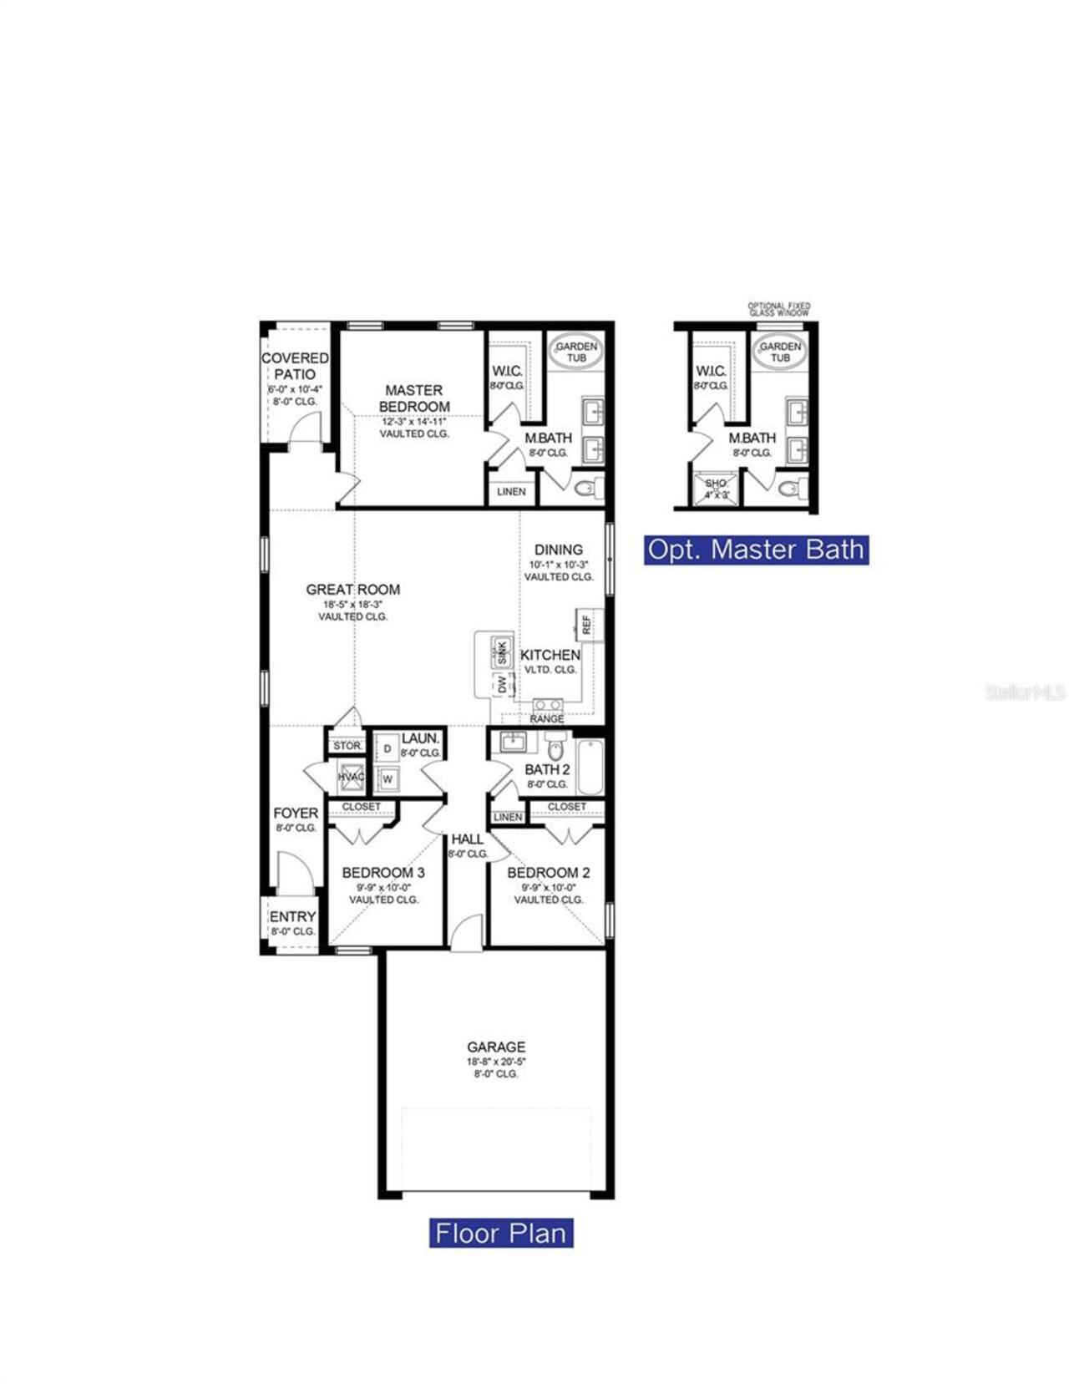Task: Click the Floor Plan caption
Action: click(501, 1233)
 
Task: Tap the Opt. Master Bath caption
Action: click(756, 550)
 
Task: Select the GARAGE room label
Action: click(496, 1047)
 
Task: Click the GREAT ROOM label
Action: click(352, 590)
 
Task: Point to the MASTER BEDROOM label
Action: click(414, 398)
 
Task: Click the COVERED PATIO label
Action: click(295, 366)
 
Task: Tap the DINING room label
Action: click(559, 550)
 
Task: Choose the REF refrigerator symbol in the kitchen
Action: click(586, 624)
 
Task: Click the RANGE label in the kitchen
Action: click(547, 718)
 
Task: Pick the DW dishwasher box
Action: click(502, 685)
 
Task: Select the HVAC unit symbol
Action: click(351, 777)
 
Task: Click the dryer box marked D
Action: click(387, 749)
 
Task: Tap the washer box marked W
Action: click(387, 779)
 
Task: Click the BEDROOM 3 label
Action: click(383, 873)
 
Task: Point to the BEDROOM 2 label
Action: click(549, 873)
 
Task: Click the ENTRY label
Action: click(292, 917)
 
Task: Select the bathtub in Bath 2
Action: click(590, 766)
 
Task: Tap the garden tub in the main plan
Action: click(576, 351)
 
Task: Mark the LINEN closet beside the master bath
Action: click(511, 491)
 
